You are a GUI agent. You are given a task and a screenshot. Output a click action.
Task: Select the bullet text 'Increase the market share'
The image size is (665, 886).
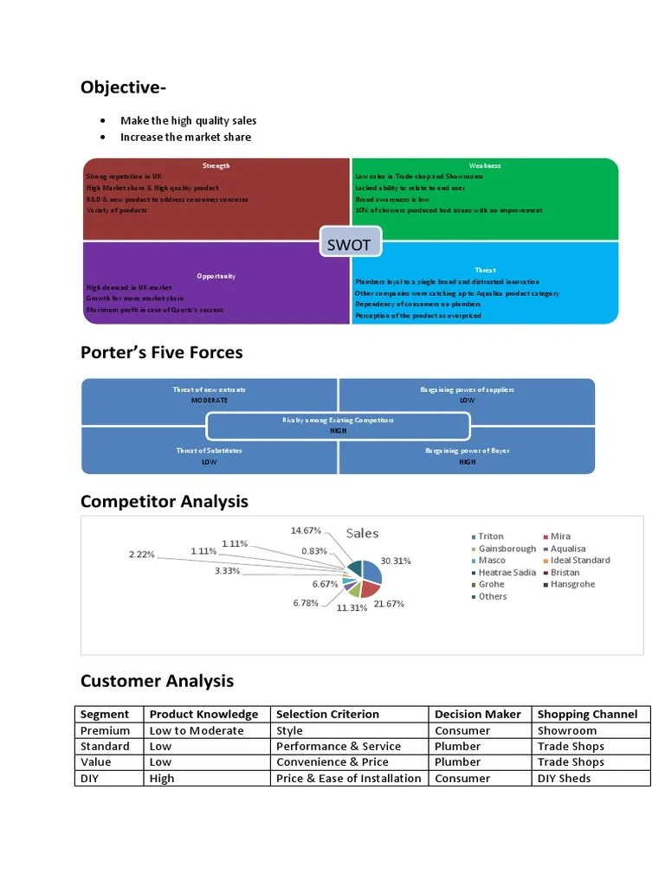[185, 137]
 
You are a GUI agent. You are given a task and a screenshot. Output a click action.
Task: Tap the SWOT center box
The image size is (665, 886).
[348, 244]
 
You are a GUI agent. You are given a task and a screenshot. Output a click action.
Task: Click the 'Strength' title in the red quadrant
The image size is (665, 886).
[216, 165]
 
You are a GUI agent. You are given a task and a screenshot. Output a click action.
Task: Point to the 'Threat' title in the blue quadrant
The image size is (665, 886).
[485, 270]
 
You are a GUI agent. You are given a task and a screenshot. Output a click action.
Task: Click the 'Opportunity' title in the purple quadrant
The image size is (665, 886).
[216, 276]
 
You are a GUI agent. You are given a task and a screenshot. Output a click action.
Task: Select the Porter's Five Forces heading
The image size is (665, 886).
[161, 352]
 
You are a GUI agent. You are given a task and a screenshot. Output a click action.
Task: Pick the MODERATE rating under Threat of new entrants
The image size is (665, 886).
[210, 401]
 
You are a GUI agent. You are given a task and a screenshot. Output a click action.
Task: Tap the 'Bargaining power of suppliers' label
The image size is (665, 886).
[467, 390]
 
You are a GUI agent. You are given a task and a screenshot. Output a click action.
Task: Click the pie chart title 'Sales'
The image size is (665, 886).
[362, 534]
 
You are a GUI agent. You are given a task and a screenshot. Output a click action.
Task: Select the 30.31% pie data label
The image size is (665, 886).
[396, 561]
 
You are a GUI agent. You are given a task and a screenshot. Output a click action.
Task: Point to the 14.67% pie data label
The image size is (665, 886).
[307, 530]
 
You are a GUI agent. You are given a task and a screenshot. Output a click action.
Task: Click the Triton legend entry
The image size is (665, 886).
[489, 536]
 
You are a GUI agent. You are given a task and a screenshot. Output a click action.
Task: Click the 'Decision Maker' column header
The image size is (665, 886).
[477, 715]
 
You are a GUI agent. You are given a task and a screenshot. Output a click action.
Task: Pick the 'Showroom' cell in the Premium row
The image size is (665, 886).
[566, 730]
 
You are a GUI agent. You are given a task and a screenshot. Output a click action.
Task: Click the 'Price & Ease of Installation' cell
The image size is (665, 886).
[348, 778]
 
